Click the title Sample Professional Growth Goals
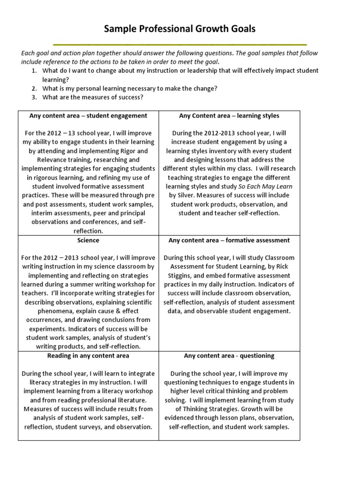click(180, 29)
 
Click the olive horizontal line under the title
click(180, 44)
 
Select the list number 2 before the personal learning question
click(34, 89)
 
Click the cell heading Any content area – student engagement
click(88, 116)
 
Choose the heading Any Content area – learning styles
click(229, 116)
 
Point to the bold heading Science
click(88, 240)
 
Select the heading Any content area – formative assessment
click(229, 240)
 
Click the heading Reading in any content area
click(88, 356)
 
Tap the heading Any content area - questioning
click(229, 356)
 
